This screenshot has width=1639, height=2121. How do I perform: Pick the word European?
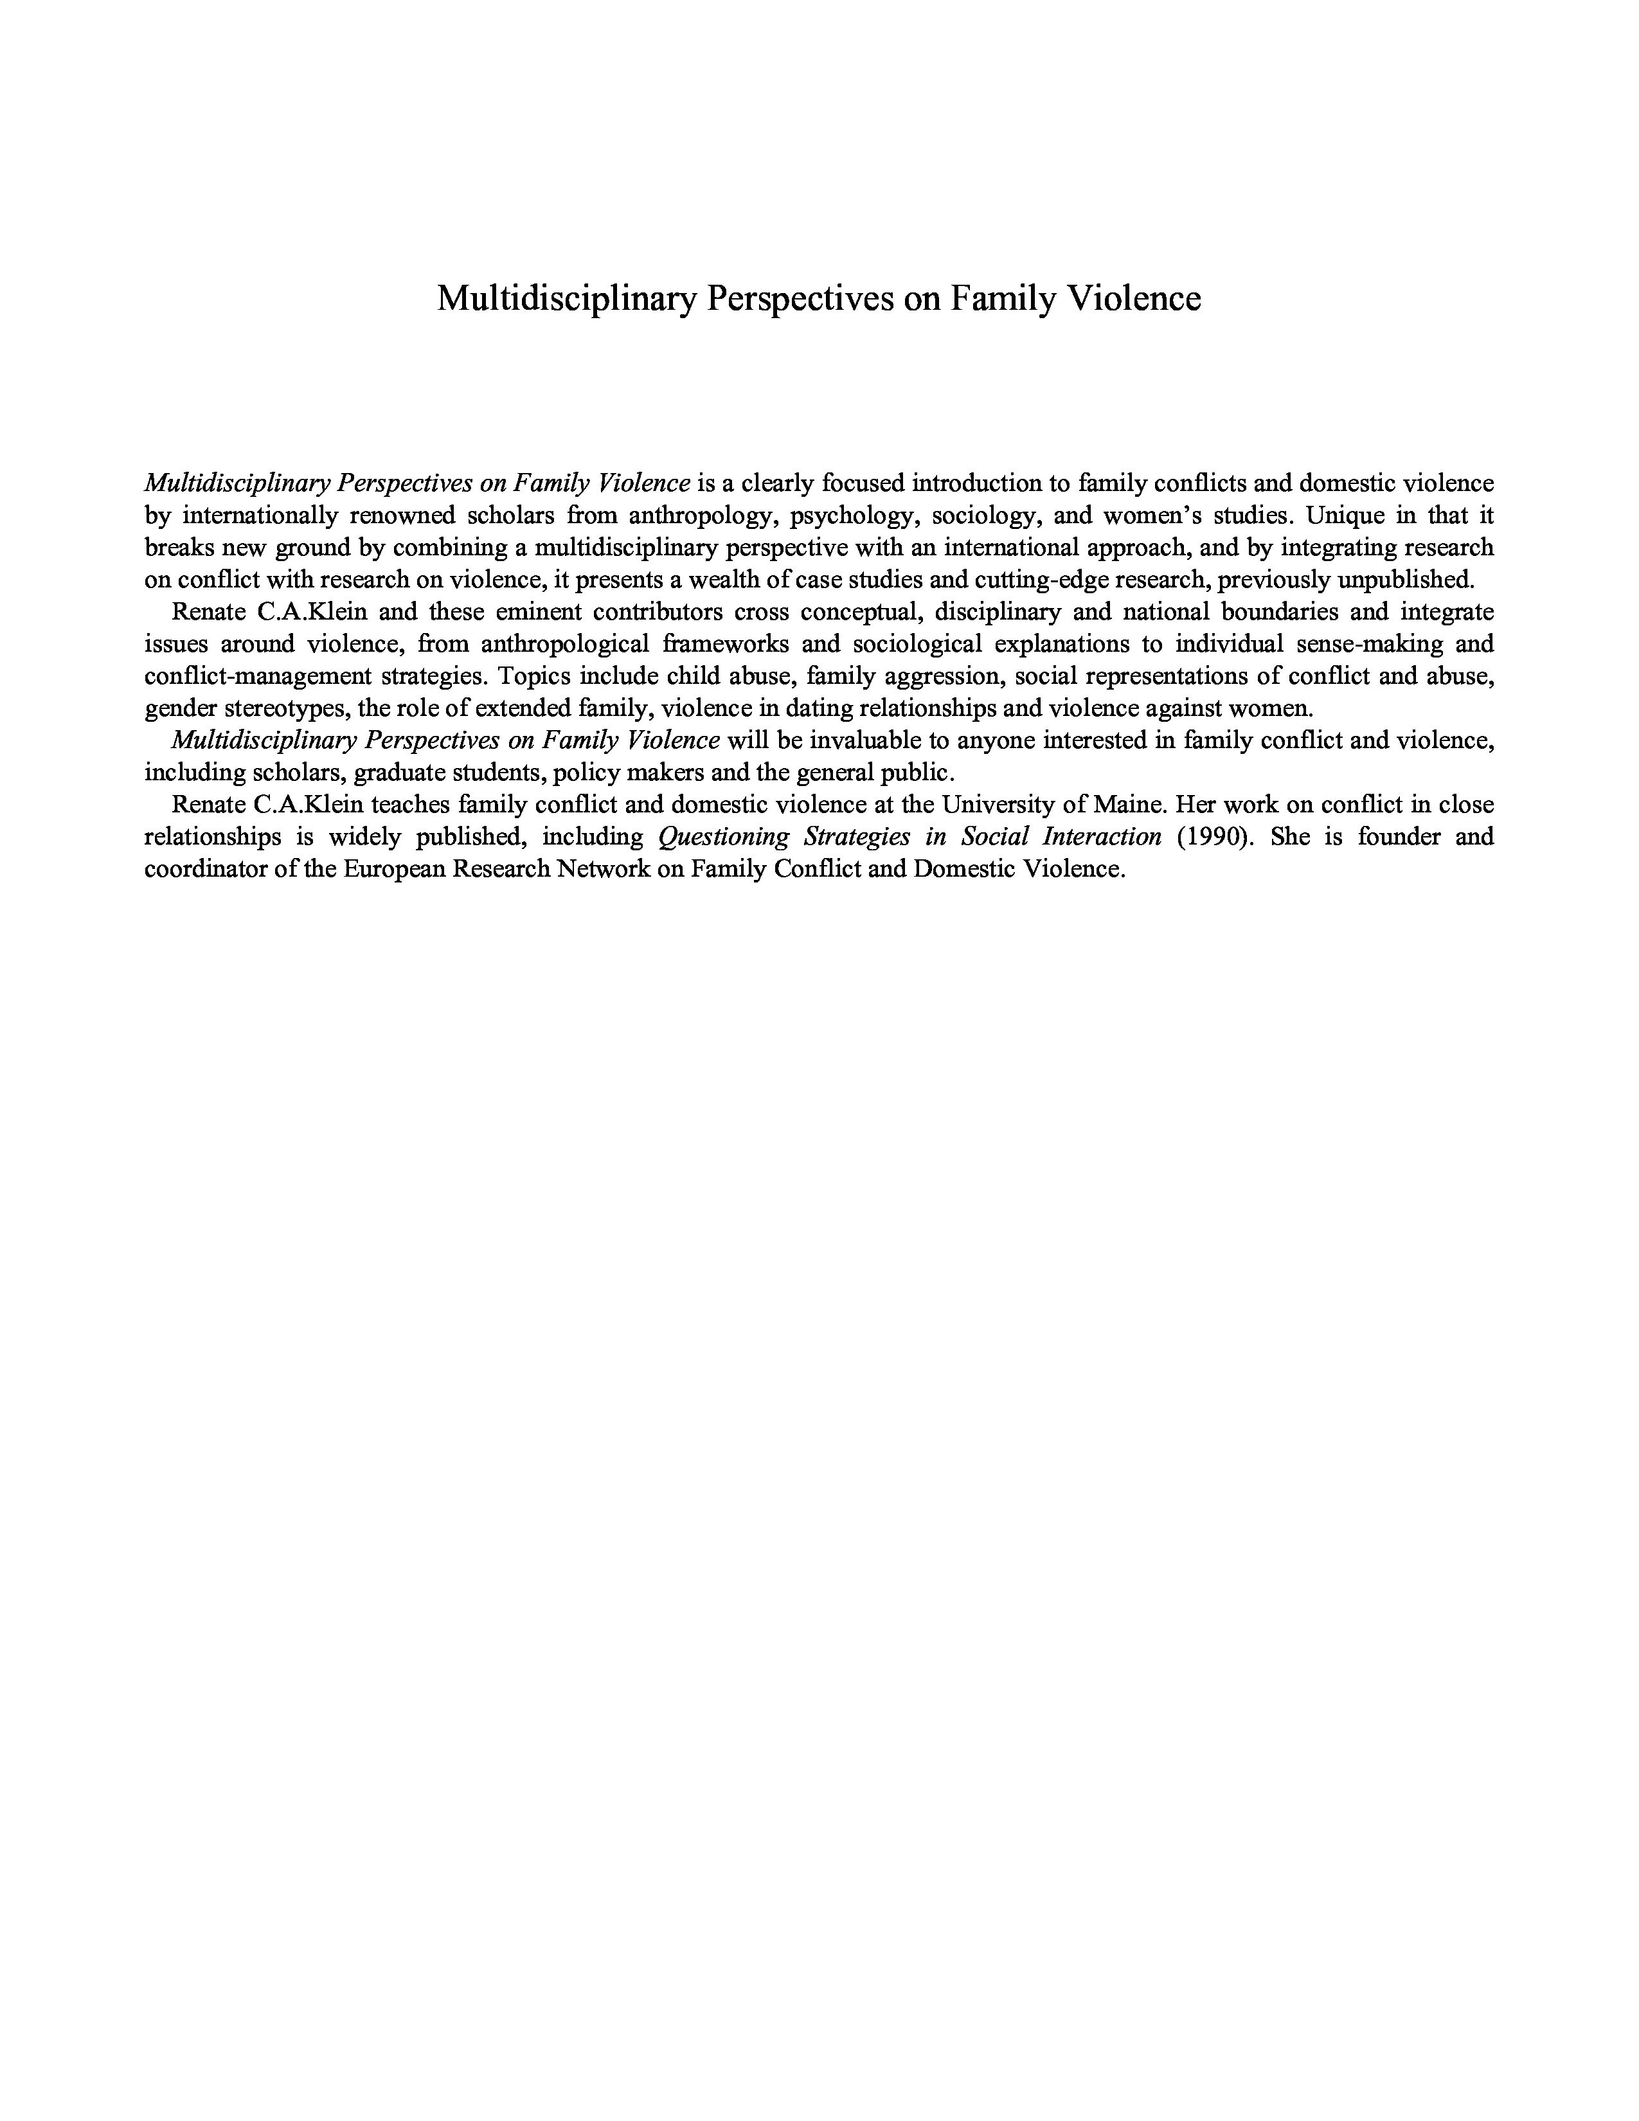tap(393, 868)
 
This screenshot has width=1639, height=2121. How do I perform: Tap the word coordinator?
tap(206, 868)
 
